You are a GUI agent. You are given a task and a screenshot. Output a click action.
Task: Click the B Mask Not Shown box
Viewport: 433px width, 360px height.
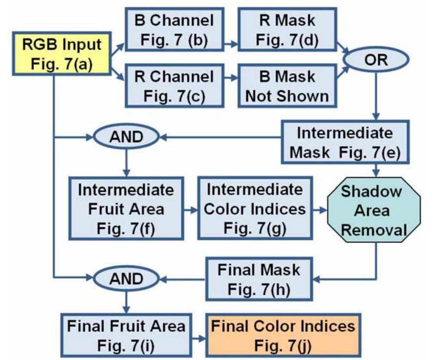tap(287, 86)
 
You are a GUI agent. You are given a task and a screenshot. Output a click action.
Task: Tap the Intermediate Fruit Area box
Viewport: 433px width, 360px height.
tap(126, 209)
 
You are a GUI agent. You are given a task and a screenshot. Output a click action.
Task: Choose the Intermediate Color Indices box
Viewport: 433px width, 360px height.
tap(255, 209)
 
